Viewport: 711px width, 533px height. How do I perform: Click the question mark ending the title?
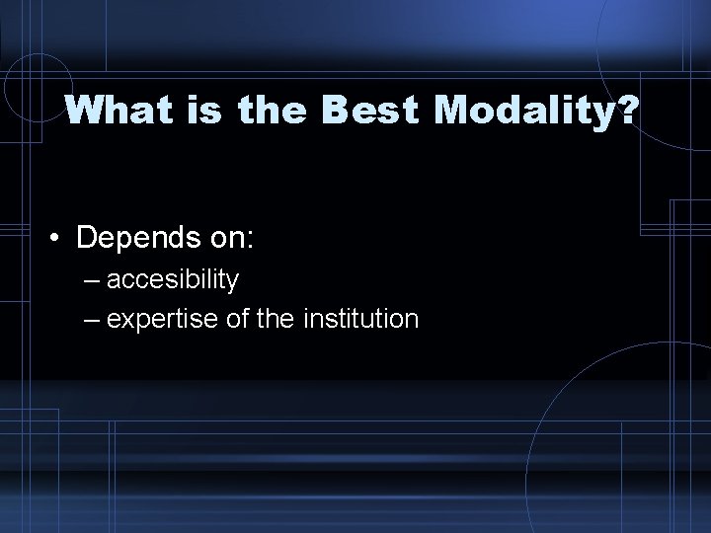(x=628, y=111)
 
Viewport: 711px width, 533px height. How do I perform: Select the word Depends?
(x=133, y=239)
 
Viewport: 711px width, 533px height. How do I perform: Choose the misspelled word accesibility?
(x=173, y=280)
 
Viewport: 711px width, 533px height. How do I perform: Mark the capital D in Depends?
(x=86, y=239)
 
